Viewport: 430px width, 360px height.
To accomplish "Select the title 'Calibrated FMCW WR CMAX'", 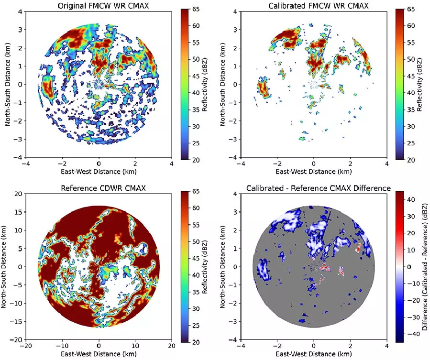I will [313, 5].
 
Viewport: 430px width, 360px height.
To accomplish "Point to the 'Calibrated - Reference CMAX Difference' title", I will [313, 188].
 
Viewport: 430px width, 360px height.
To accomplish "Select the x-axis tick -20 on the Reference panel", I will [26, 345].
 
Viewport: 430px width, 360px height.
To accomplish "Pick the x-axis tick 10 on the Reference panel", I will [135, 345].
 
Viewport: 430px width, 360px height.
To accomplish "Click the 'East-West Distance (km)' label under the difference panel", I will [313, 354].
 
